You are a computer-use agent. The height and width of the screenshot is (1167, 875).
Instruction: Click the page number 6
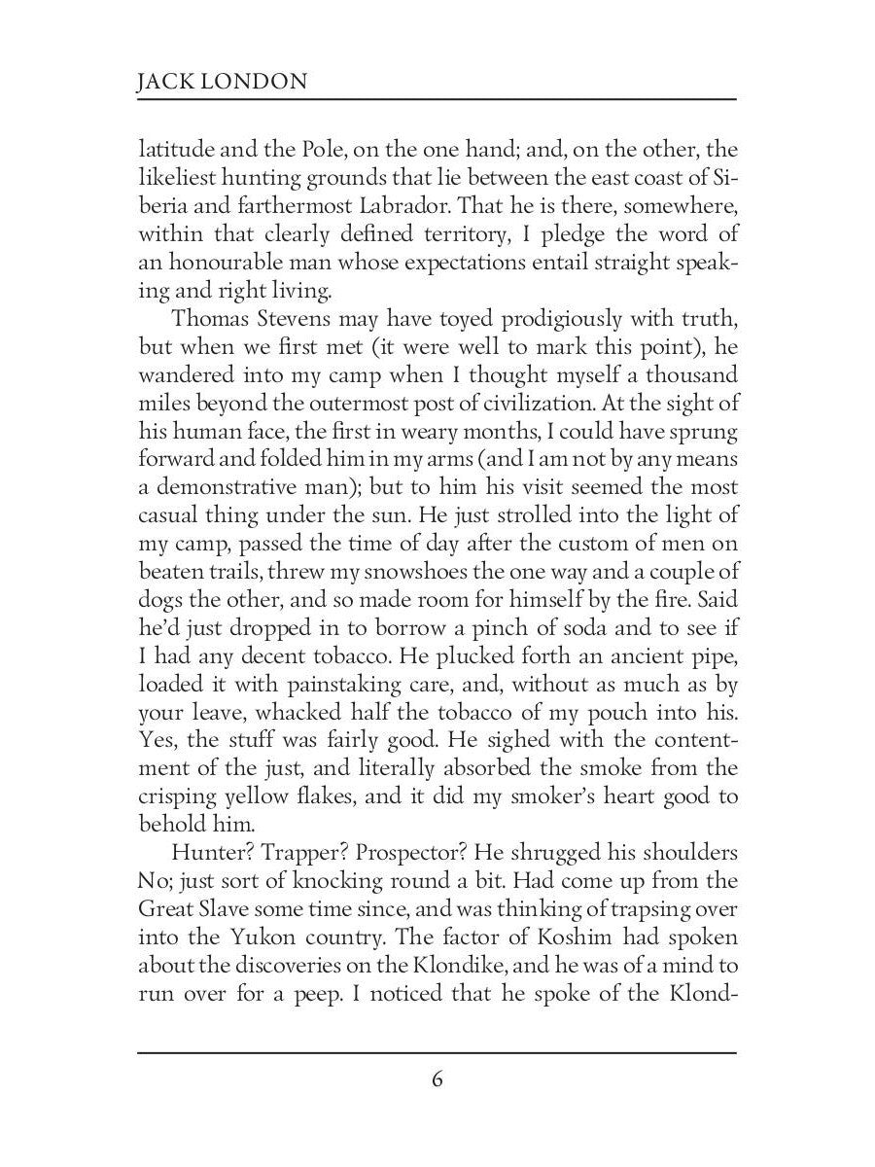437,1080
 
